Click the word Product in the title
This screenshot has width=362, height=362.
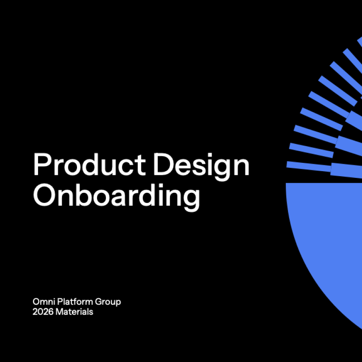[x=89, y=164]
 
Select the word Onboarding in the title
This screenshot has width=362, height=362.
[x=116, y=195]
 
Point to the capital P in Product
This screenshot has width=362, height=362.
[x=40, y=164]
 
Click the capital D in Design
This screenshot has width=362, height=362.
[x=162, y=164]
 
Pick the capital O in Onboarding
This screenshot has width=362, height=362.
[x=43, y=195]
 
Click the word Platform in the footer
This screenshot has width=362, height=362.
[x=69, y=301]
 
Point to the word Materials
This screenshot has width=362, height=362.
[x=74, y=312]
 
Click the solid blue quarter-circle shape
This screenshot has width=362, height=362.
[x=331, y=234]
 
